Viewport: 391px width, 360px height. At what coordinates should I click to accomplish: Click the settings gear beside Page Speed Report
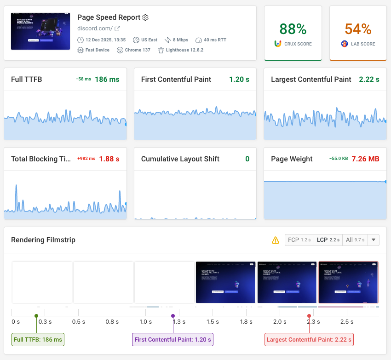(x=145, y=17)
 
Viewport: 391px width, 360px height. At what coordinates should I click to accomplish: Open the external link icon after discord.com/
(x=117, y=29)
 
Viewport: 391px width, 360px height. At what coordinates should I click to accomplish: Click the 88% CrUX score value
(x=293, y=29)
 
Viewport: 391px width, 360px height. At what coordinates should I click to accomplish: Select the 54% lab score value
(x=358, y=29)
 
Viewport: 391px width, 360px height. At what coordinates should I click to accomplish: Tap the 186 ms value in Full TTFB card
(x=107, y=80)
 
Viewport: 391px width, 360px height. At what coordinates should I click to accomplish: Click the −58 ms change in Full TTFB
(x=83, y=80)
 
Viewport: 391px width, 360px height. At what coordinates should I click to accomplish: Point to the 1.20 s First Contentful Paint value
(x=239, y=80)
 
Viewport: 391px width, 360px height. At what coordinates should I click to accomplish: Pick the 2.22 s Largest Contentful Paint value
(x=369, y=80)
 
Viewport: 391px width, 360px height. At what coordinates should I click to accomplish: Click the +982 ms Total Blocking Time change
(x=86, y=159)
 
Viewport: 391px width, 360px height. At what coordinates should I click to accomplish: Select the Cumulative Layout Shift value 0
(x=247, y=159)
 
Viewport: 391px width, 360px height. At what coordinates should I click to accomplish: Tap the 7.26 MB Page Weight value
(x=365, y=159)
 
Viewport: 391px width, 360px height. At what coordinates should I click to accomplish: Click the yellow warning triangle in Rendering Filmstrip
(x=276, y=240)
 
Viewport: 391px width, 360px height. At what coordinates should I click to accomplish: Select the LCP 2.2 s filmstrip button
(x=328, y=240)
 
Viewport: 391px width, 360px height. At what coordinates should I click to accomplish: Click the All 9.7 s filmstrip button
(x=355, y=240)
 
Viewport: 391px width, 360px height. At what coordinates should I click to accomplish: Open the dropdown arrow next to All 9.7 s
(x=374, y=240)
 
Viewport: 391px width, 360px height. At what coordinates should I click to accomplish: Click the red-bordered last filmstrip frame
(x=348, y=282)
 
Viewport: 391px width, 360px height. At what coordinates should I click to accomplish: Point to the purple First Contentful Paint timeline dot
(x=173, y=316)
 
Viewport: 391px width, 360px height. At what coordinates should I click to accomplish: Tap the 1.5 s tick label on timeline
(x=213, y=322)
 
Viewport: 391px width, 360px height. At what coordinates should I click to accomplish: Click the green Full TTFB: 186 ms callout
(x=38, y=340)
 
